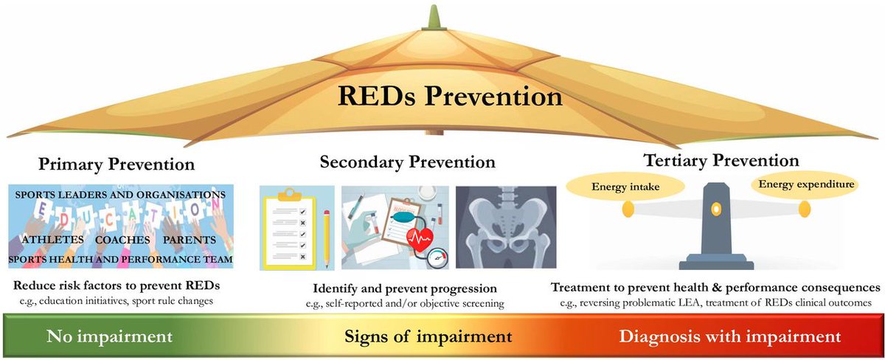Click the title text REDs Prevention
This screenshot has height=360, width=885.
point(451,97)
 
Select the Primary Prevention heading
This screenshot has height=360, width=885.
point(117,164)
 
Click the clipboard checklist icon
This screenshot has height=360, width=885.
point(288,229)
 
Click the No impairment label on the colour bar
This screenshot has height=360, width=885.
point(110,337)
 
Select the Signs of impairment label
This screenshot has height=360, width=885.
point(428,337)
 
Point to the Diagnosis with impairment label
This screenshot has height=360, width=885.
point(729,337)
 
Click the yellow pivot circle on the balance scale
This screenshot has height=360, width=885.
point(715,210)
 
